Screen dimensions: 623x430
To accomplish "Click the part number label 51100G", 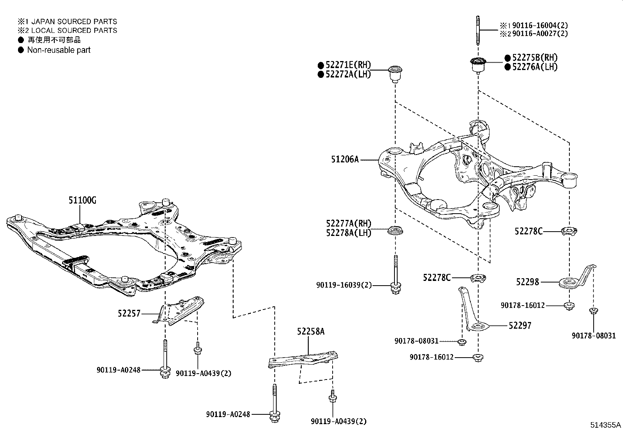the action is tap(82, 200).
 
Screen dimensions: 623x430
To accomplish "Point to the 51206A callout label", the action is tap(345, 159).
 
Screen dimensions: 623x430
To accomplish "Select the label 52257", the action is tap(129, 313).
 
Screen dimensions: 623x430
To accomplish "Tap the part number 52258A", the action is tap(311, 331).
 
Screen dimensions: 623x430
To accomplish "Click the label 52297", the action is tap(520, 326).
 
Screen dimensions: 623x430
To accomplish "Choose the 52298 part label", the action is tap(528, 282).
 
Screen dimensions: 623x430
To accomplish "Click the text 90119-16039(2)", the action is tap(344, 285).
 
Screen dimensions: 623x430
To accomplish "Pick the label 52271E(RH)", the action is tap(349, 65).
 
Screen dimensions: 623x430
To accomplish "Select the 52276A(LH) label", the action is tap(535, 67).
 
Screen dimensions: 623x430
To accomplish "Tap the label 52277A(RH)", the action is tap(349, 223).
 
